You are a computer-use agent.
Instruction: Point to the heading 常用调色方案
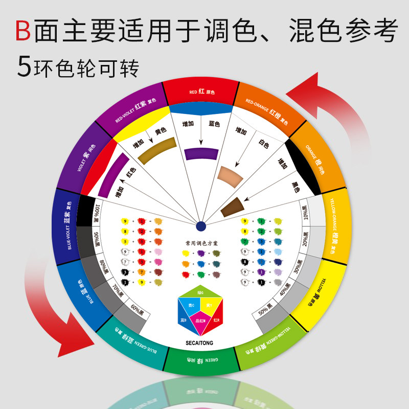[x=200, y=243]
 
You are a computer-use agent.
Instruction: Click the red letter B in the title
[x=22, y=31]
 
